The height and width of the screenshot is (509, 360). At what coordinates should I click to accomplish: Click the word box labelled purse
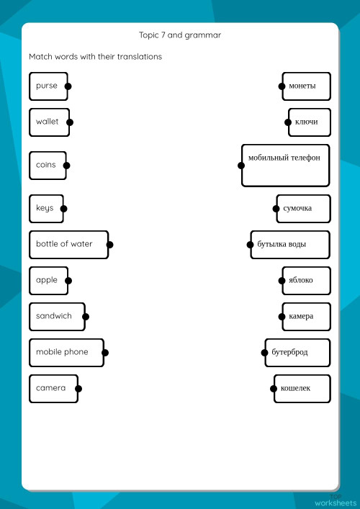pyautogui.click(x=48, y=86)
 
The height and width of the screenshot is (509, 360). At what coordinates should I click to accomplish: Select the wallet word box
pyautogui.click(x=49, y=122)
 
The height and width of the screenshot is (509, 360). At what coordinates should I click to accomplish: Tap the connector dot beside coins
pyautogui.click(x=67, y=165)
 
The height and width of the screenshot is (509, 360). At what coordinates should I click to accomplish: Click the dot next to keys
pyautogui.click(x=63, y=209)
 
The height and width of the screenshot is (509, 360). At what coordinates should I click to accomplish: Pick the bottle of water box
pyautogui.click(x=68, y=244)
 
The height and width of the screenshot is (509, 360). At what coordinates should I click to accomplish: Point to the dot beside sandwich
pyautogui.click(x=86, y=316)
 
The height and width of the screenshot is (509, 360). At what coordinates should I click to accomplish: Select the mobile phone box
pyautogui.click(x=66, y=352)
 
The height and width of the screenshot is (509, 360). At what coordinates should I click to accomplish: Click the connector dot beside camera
pyautogui.click(x=78, y=389)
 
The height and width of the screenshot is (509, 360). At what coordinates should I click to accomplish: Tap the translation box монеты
pyautogui.click(x=306, y=86)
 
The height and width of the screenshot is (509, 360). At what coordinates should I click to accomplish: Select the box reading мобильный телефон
pyautogui.click(x=285, y=165)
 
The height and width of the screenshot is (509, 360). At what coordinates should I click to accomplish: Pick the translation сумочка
pyautogui.click(x=303, y=209)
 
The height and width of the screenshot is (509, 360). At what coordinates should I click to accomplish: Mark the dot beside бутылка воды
pyautogui.click(x=250, y=245)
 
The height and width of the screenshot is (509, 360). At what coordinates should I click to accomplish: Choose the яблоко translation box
pyautogui.click(x=306, y=280)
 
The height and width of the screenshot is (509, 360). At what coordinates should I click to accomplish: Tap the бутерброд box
pyautogui.click(x=297, y=352)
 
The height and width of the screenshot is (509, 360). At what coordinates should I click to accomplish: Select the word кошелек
pyautogui.click(x=302, y=389)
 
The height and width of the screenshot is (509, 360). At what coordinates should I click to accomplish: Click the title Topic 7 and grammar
pyautogui.click(x=180, y=35)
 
